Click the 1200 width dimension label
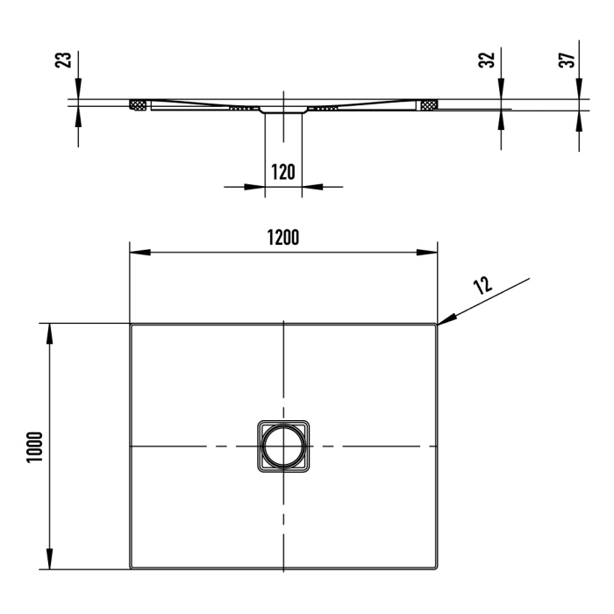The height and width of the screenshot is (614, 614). tap(283, 238)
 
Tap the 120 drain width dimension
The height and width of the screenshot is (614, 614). tap(282, 171)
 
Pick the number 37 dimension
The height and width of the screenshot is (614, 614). tap(567, 60)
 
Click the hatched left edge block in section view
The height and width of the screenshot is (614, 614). tap(138, 106)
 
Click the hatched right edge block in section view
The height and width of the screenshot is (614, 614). tap(429, 106)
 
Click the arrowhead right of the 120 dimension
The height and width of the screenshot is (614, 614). tap(311, 186)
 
